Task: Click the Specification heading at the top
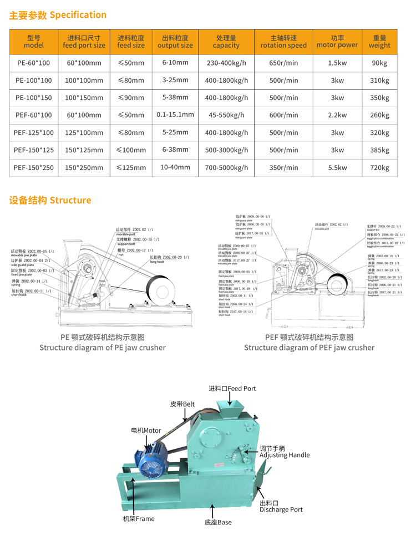tap(58, 15)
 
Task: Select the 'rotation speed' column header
tap(283, 42)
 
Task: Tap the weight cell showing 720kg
tap(379, 167)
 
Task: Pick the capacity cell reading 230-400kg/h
tap(226, 63)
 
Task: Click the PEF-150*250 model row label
tap(34, 167)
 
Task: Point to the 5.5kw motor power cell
tap(337, 167)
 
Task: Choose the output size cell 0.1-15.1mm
tap(175, 115)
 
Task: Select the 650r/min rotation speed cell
tap(283, 63)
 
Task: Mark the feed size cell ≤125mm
tap(131, 167)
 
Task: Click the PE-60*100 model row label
tap(34, 63)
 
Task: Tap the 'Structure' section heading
tap(50, 200)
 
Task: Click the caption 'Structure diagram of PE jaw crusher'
tap(102, 348)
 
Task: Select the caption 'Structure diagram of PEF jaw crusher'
tap(309, 348)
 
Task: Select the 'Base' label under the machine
tap(218, 522)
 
